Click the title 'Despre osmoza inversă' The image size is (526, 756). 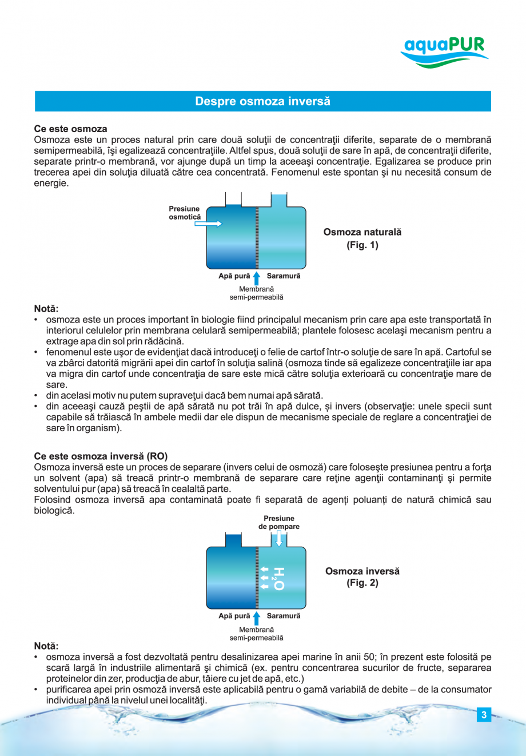(x=262, y=101)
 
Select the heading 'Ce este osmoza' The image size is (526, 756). (x=70, y=129)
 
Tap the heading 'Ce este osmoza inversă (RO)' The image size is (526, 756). (x=101, y=456)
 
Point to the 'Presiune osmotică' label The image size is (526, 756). (x=184, y=213)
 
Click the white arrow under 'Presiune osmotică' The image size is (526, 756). (x=208, y=224)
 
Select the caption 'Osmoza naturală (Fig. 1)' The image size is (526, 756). (x=362, y=238)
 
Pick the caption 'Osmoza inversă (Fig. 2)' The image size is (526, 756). (x=362, y=576)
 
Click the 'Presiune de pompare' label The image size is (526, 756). (x=279, y=522)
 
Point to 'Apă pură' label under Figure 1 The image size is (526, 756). (x=234, y=276)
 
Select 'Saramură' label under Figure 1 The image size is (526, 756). (x=284, y=276)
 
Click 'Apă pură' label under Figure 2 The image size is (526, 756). (x=234, y=616)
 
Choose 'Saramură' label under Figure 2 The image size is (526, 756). (x=284, y=616)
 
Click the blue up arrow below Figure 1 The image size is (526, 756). (x=257, y=277)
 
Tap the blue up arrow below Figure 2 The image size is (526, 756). (x=257, y=618)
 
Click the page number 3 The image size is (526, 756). (x=484, y=714)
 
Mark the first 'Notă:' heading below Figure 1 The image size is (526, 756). (x=46, y=309)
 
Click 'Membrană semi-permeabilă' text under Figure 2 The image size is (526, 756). (x=256, y=634)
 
